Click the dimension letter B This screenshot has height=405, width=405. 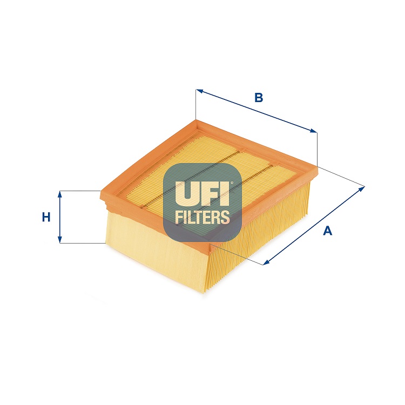259,98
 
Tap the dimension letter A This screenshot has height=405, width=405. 327,231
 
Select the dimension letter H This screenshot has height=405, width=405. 46,218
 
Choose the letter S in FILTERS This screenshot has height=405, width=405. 225,218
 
